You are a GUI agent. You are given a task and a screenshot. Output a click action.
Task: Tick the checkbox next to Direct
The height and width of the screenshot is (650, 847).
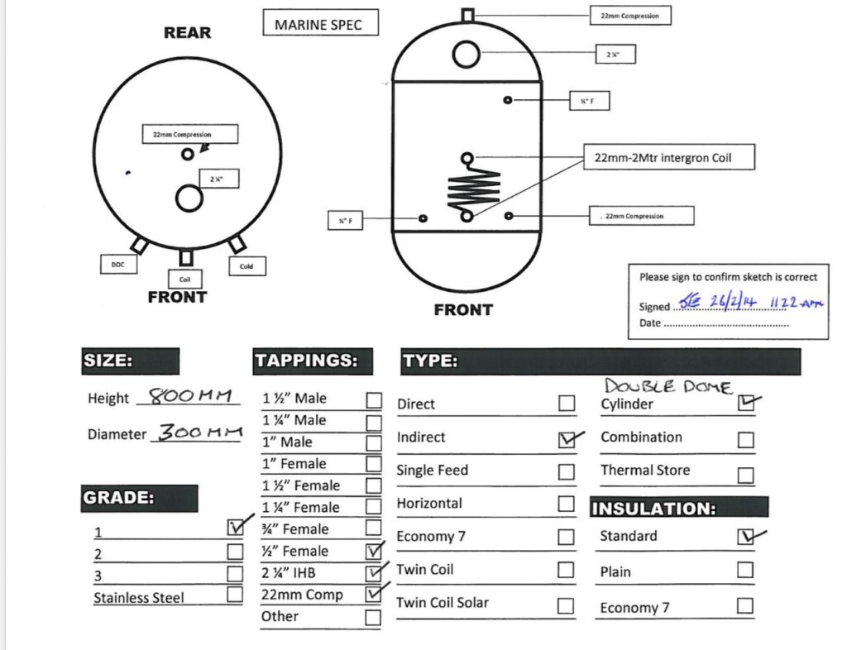[x=567, y=404]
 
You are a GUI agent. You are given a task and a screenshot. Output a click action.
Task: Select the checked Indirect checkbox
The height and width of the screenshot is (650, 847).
[x=567, y=439]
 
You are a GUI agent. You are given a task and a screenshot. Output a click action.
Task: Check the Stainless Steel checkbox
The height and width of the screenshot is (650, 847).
[x=235, y=594]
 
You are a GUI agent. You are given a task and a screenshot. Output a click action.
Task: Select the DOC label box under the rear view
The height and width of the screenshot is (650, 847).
[x=117, y=265]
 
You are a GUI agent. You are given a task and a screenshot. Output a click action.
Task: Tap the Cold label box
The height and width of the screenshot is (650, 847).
[x=246, y=266]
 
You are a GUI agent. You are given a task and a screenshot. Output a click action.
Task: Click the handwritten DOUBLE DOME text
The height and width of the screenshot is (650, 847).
[x=668, y=385]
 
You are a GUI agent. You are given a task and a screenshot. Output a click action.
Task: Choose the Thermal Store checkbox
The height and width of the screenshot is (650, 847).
[x=745, y=476]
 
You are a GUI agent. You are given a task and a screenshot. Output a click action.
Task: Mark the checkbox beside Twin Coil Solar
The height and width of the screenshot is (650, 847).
[x=566, y=605]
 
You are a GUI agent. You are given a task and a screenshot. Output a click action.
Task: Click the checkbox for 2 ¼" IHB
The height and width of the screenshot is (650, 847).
[x=374, y=572]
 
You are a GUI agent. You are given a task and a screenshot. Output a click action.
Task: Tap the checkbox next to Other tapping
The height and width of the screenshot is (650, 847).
[x=374, y=617]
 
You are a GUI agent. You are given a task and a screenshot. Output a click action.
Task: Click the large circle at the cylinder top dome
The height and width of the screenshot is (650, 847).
[x=467, y=55]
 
